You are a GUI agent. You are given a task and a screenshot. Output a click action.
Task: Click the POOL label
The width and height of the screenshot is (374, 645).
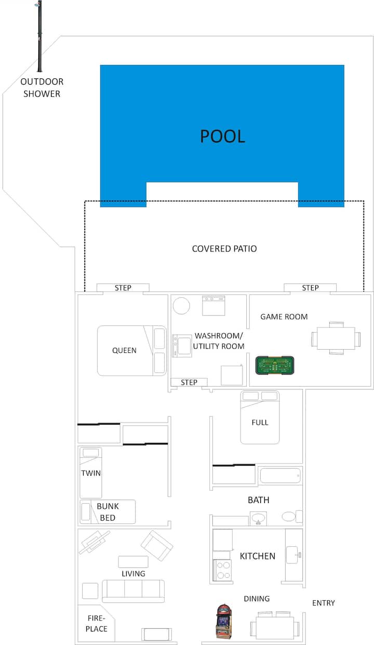click(222, 136)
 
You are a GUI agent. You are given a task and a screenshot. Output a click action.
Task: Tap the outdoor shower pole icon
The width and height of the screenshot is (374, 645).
click(39, 36)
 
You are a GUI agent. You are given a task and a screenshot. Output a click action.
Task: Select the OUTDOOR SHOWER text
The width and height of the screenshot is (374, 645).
click(42, 87)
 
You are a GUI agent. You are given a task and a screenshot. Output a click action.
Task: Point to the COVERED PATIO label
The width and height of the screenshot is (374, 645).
click(224, 248)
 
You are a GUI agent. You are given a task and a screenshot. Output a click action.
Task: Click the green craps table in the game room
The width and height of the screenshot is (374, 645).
click(275, 365)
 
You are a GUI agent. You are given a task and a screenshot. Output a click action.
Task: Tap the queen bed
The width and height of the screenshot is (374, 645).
click(132, 350)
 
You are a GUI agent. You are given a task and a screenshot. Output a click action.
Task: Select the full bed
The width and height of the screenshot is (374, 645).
click(260, 417)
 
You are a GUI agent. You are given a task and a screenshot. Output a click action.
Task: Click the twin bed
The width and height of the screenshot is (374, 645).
click(90, 472)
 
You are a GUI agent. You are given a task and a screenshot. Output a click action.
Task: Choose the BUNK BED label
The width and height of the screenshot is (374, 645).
click(108, 512)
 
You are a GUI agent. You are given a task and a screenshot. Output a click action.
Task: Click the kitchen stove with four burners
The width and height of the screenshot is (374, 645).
click(222, 570)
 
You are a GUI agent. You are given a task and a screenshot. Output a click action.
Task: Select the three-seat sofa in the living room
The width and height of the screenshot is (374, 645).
click(133, 591)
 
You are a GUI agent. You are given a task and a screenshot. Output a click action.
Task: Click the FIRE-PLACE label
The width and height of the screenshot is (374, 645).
click(96, 623)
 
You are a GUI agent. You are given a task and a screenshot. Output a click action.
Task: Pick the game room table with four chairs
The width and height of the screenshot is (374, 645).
click(336, 338)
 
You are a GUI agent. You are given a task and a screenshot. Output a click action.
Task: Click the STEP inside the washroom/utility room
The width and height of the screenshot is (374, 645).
click(189, 383)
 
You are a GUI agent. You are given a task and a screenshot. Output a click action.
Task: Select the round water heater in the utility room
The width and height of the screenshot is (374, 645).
click(181, 305)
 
